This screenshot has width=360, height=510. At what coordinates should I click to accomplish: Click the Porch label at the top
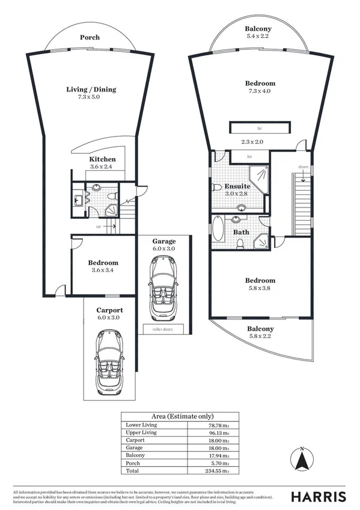coord(90,37)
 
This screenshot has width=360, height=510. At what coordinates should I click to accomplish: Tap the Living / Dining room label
coord(91,90)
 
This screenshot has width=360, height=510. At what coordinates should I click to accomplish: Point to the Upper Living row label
coord(141,432)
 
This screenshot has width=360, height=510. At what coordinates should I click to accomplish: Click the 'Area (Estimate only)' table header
coord(180,416)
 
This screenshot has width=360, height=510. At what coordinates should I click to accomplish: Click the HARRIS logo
coord(318,496)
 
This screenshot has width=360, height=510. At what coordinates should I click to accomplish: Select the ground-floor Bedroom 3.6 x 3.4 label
coord(103,263)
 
